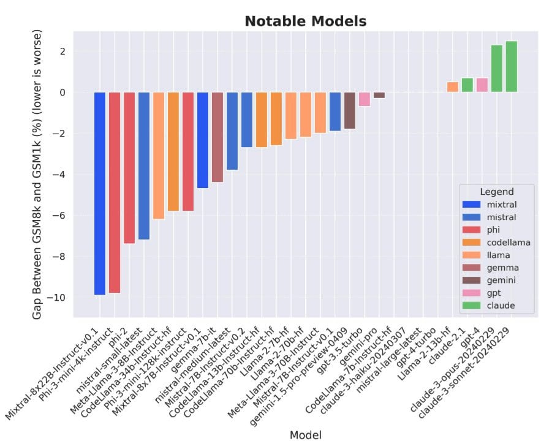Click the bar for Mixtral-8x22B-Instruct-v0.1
100,193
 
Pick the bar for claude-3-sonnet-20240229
512,66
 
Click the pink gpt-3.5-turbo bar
365,99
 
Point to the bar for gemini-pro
379,95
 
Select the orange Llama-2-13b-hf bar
453,87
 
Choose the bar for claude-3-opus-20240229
497,68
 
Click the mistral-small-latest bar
144,165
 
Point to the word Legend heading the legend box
496,192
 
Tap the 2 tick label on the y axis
62,51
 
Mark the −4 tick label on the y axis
59,175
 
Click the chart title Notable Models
305,21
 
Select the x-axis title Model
305,434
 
